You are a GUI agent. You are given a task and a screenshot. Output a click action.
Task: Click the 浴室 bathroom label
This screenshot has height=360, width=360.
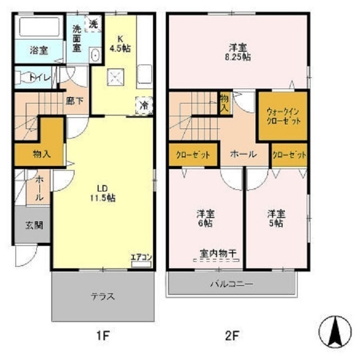(x=39, y=51)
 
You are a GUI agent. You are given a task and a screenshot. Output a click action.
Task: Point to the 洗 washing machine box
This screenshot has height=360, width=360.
(x=93, y=25)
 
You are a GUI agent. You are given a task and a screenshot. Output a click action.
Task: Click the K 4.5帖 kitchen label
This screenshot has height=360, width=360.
(x=120, y=44)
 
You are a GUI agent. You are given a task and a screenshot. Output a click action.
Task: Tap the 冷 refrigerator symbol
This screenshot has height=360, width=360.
(x=143, y=105)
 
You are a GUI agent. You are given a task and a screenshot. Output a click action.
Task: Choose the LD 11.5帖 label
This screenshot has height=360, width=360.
(x=105, y=193)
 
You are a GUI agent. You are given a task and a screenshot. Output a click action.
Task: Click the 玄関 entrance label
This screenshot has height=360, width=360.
(x=31, y=226)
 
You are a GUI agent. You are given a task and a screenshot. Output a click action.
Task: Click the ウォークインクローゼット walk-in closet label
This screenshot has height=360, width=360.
(x=282, y=116)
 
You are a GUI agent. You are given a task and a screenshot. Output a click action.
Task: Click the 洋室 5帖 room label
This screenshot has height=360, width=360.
(x=275, y=218)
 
